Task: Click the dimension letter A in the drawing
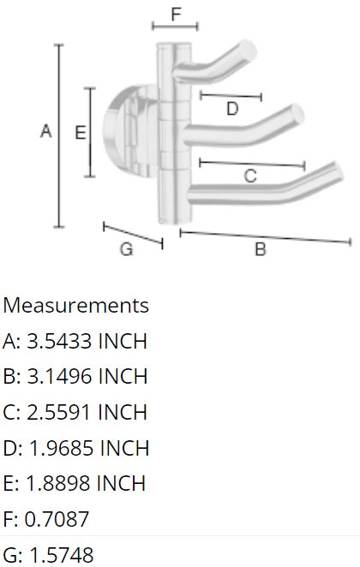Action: [46, 132]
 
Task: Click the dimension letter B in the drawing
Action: [260, 250]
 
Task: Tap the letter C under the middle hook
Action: [250, 176]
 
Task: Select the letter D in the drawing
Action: [231, 109]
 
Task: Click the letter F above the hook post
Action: [176, 14]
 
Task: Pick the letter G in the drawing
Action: [126, 249]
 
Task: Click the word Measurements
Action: [75, 305]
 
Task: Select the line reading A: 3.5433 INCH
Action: [75, 341]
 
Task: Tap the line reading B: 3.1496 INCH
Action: [75, 377]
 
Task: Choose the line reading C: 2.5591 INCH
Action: [75, 412]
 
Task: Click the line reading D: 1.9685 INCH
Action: [75, 448]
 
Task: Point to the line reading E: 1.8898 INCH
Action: [75, 483]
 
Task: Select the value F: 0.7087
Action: [48, 519]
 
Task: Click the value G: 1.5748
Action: [49, 554]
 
